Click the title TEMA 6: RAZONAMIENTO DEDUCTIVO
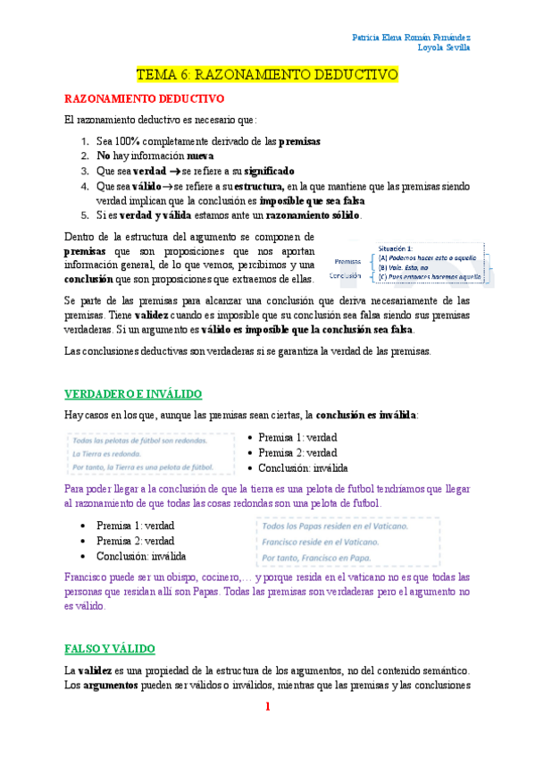267,76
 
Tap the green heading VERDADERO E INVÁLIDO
133,394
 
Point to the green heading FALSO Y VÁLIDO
110,647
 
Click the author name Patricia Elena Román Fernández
412,38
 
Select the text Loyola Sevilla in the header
444,49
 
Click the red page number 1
267,707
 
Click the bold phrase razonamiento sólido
309,215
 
